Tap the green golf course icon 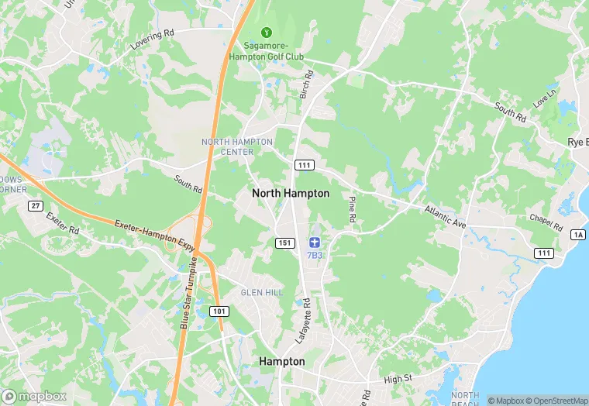[267, 33]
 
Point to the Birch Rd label [306, 84]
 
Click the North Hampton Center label [237, 146]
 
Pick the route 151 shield [284, 243]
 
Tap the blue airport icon [314, 243]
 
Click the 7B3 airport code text [314, 255]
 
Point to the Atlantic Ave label [445, 216]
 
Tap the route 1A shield [578, 235]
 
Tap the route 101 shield [219, 311]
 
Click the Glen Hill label [257, 291]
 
